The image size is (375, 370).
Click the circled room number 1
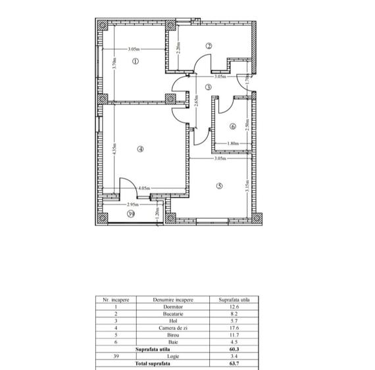[x=136, y=62]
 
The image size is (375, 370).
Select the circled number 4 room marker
[x=140, y=149]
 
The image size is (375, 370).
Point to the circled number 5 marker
[x=220, y=186]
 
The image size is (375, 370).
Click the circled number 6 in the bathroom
[x=232, y=126]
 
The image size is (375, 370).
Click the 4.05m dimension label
[x=145, y=188]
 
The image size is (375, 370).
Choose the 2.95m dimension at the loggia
[x=132, y=204]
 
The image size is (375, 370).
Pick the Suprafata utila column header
[x=234, y=299]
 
